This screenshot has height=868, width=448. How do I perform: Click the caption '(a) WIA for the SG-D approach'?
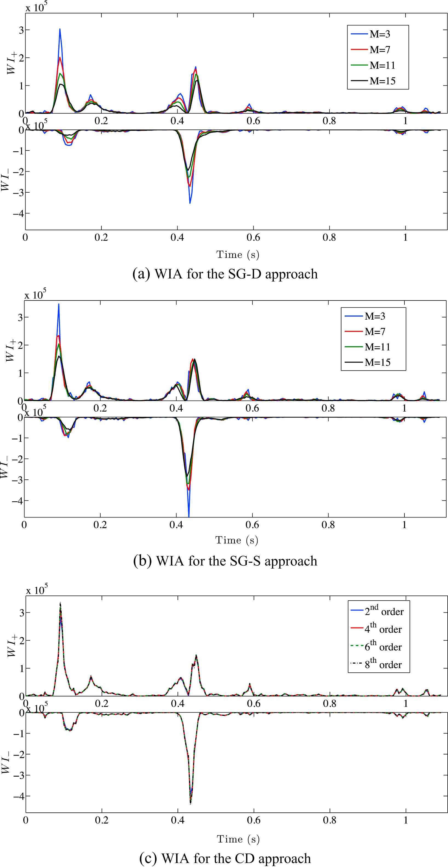tap(225, 274)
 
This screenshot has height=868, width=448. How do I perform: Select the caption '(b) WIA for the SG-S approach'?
tap(225, 561)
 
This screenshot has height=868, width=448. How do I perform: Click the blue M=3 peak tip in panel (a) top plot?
tap(60, 29)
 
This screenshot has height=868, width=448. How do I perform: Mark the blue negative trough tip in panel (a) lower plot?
tap(190, 203)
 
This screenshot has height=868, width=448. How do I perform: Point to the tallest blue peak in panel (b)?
tap(59, 304)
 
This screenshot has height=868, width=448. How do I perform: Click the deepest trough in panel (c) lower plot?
tap(191, 804)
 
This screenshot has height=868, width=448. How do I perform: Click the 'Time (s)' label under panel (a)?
tap(238, 254)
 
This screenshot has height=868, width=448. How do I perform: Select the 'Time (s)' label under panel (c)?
tap(238, 839)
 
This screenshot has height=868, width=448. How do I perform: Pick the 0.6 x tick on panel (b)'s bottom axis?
tap(252, 525)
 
